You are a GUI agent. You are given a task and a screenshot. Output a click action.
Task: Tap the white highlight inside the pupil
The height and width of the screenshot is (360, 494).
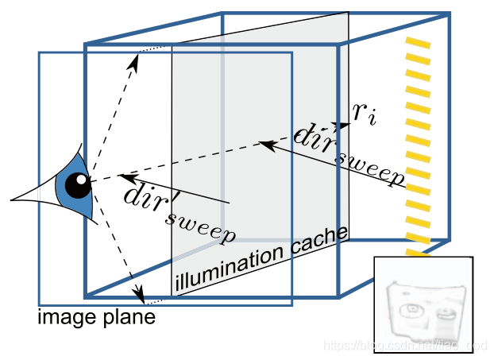81,180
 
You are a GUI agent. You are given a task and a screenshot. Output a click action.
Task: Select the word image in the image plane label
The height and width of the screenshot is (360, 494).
64,319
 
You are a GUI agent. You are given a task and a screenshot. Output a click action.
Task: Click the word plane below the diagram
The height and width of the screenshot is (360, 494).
127,319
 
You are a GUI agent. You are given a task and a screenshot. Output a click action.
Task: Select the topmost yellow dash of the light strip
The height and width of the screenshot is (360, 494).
418,42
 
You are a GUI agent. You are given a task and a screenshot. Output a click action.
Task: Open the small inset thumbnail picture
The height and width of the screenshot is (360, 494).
423,306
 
